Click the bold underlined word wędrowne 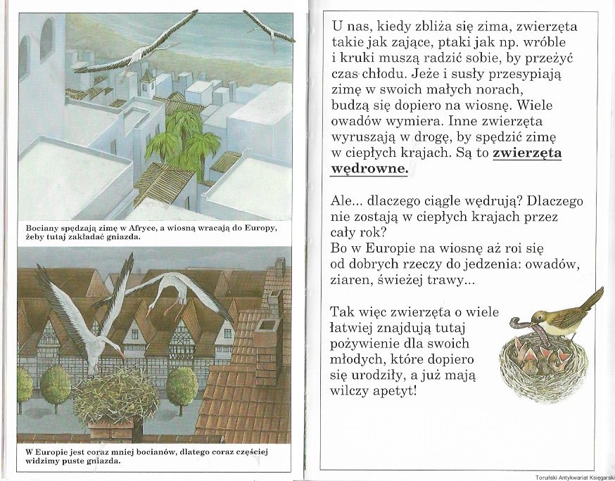[x=369, y=169]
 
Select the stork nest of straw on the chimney [x=115, y=396]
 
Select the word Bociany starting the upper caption [x=42, y=229]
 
